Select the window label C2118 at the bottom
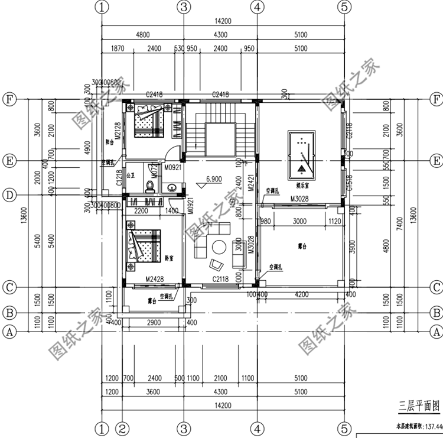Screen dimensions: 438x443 221,278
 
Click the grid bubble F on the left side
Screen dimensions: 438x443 9,99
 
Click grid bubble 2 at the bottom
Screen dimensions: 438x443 122,427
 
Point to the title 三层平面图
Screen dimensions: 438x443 419,406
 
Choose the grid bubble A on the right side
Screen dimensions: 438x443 436,332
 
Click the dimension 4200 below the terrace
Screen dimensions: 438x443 301,293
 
